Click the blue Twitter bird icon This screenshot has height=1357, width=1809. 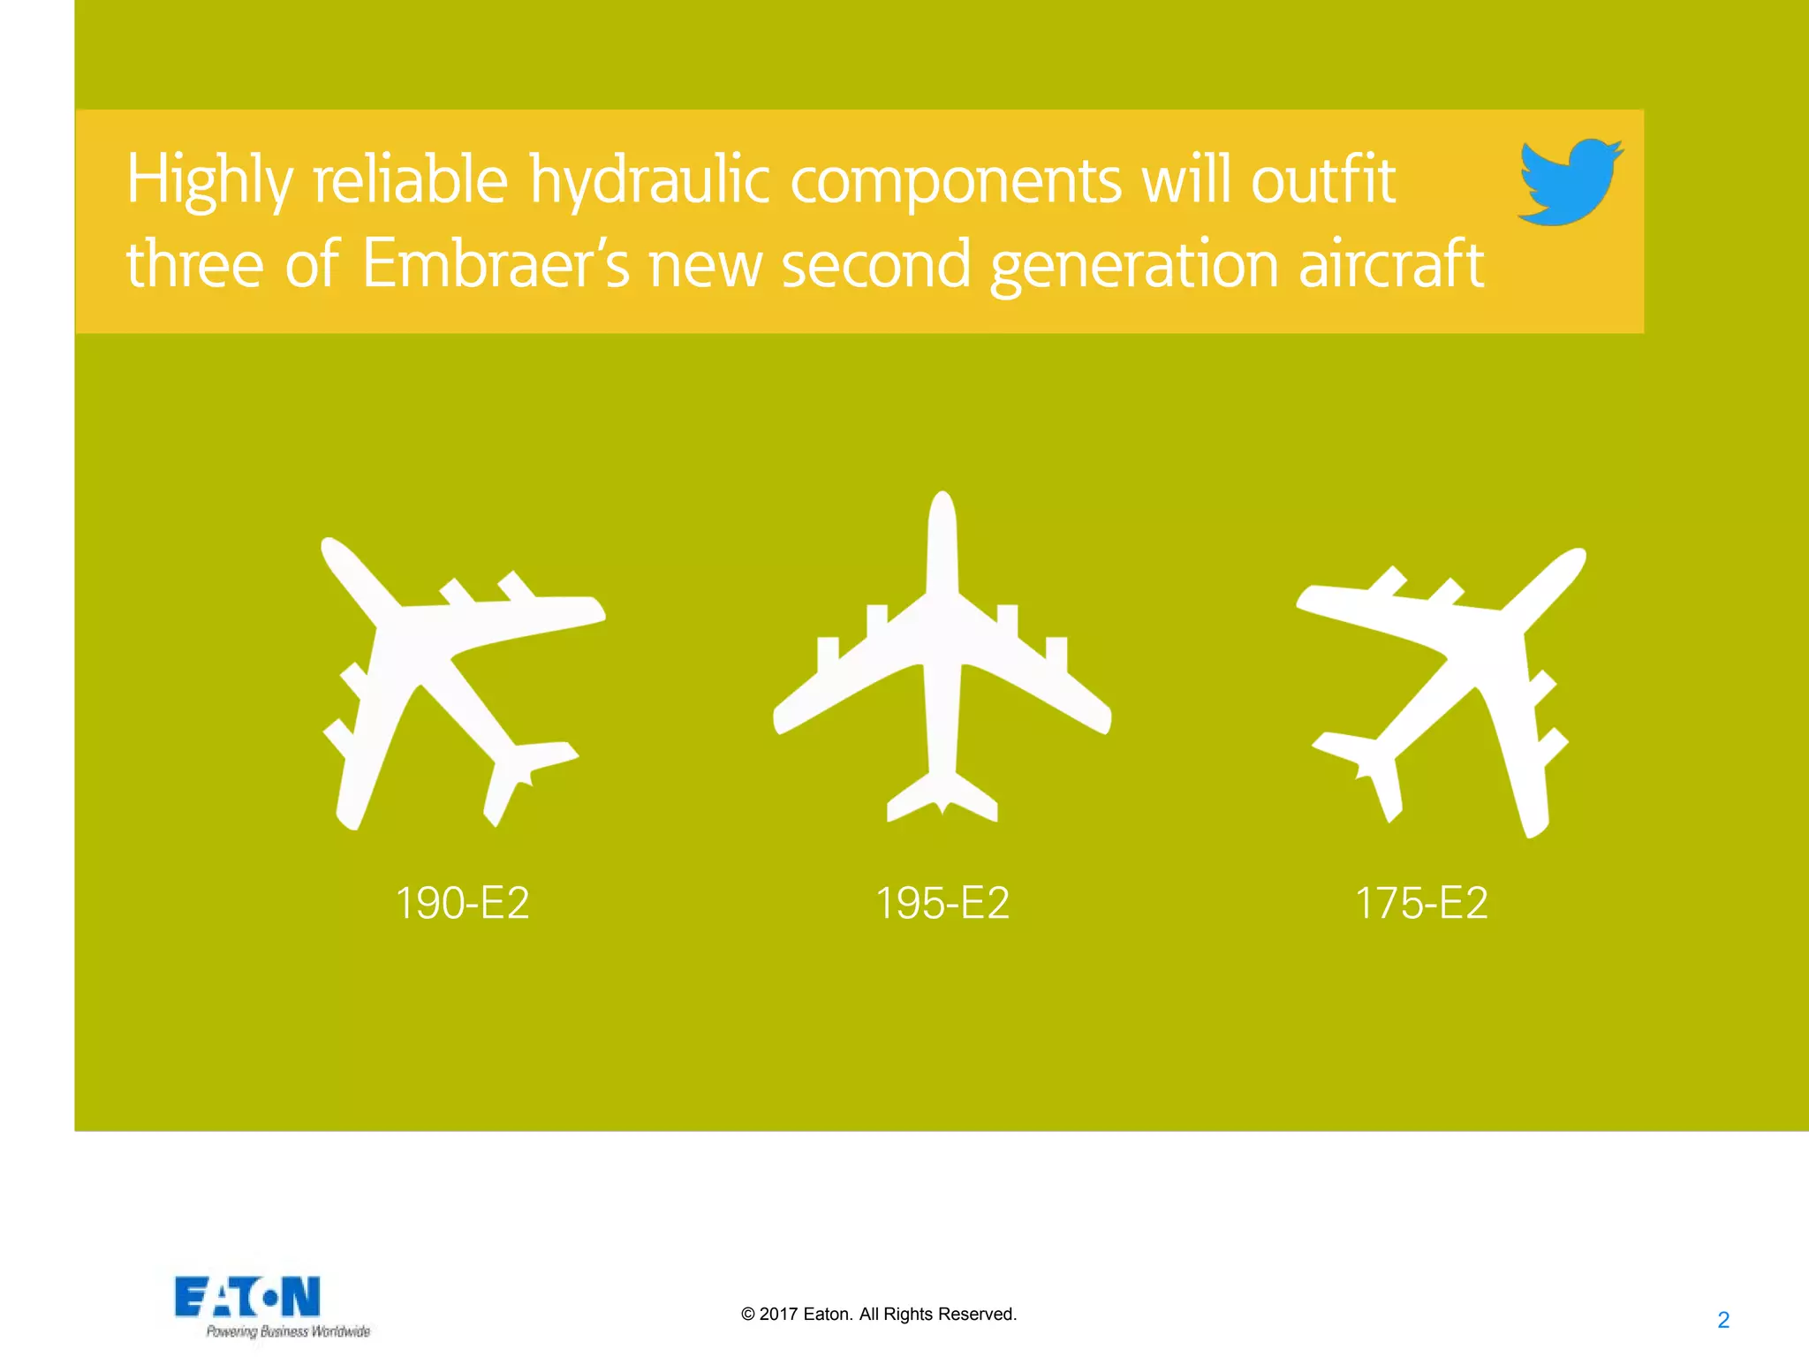[x=1570, y=181]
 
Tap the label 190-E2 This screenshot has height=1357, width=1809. [x=462, y=903]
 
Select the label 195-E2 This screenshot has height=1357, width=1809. [x=942, y=903]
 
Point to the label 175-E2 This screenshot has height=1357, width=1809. [x=1421, y=903]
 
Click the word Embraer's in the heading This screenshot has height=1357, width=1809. [x=496, y=264]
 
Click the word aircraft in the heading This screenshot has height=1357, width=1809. [x=1390, y=264]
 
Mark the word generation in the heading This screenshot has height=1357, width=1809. [x=1134, y=264]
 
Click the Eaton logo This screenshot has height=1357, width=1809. [x=247, y=1297]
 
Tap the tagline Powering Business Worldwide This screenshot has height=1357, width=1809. [x=288, y=1331]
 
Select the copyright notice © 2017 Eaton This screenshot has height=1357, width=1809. [x=879, y=1314]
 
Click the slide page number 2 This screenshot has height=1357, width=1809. [x=1723, y=1320]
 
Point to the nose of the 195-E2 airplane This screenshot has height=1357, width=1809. [x=942, y=505]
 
